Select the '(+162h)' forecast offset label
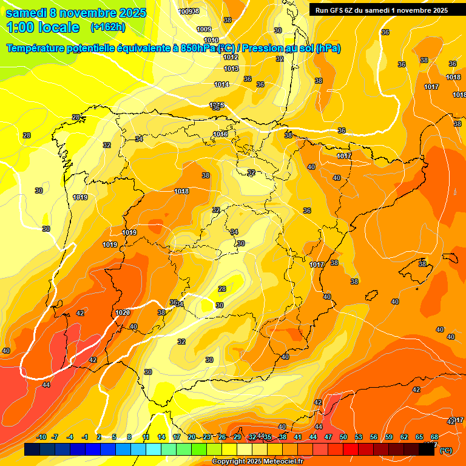click(x=107, y=27)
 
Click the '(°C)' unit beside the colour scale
click(x=445, y=450)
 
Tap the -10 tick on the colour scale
click(x=41, y=437)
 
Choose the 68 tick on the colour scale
click(x=434, y=437)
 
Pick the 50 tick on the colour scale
click(x=343, y=437)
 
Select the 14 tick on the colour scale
click(x=161, y=437)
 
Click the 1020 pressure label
click(x=123, y=312)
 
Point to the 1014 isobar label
click(x=221, y=84)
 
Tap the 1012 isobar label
click(x=231, y=57)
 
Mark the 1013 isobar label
click(x=231, y=69)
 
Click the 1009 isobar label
click(x=204, y=29)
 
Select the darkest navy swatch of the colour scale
click(x=32, y=450)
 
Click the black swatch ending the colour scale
click(x=427, y=450)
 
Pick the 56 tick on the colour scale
click(x=374, y=437)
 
